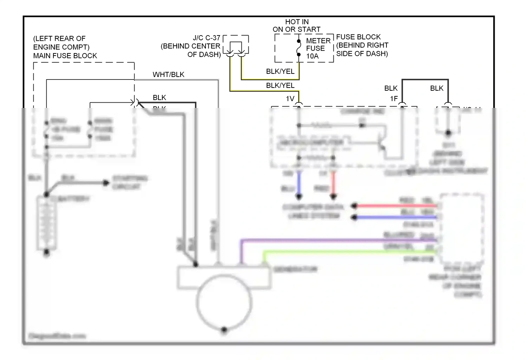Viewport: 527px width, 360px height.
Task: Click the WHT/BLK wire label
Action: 168,75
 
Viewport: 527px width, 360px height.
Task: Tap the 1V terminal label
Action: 290,99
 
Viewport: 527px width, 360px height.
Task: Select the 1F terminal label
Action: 394,99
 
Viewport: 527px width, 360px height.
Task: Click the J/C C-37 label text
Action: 206,38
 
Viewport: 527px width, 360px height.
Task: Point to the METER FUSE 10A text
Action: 318,49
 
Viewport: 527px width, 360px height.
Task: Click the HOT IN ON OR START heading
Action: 297,26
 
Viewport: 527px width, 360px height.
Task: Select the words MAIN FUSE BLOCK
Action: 65,56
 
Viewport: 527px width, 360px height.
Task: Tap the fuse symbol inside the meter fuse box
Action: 299,48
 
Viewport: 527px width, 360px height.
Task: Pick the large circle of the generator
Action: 224,302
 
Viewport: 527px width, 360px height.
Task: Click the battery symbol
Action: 46,223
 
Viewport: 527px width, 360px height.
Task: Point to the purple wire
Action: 337,240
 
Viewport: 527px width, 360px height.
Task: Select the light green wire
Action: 348,252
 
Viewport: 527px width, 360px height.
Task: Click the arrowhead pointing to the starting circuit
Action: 105,182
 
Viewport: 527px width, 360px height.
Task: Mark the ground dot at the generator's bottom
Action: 224,330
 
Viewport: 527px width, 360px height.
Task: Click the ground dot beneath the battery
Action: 46,252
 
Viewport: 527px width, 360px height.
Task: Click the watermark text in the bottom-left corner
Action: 57,336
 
